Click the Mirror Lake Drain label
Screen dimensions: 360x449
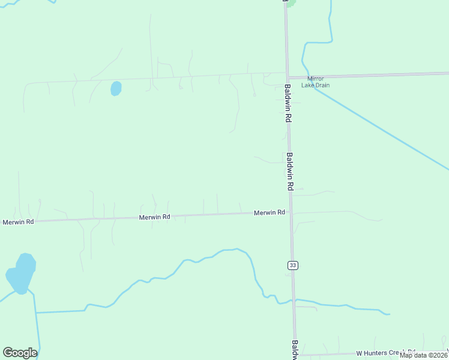[x=316, y=82]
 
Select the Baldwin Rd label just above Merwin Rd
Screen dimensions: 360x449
[x=290, y=172]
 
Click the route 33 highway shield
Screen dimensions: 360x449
[x=292, y=265]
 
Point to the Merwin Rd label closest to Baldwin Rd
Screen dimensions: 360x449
[x=269, y=213]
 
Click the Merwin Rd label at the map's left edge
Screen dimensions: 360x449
[x=17, y=221]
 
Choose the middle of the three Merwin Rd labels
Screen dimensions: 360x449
[x=154, y=217]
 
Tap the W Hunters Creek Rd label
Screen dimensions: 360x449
[x=386, y=353]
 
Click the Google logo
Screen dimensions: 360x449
[x=20, y=353]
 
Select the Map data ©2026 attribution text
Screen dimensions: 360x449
[x=423, y=355]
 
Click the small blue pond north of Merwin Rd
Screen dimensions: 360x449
[x=116, y=89]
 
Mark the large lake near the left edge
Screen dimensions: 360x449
[x=22, y=274]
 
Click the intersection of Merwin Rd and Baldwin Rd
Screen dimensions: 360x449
[x=291, y=212]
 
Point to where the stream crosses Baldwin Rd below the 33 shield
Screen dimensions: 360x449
[x=294, y=299]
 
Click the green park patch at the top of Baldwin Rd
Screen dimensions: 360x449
[x=291, y=2]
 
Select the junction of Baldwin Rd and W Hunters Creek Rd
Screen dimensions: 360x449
[x=296, y=355]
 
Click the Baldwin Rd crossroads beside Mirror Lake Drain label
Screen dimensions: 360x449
[x=287, y=77]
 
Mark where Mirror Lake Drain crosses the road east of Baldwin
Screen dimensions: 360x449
[x=310, y=76]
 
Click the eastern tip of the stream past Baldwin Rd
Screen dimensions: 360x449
[x=389, y=314]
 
